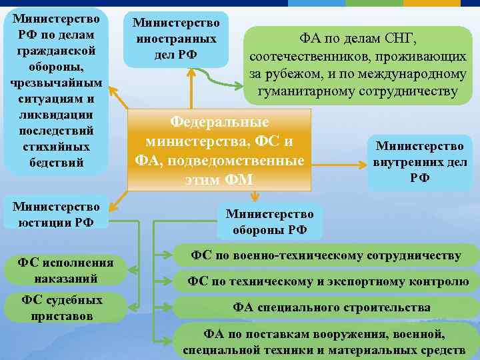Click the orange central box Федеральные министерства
(x=219, y=151)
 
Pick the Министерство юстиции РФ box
(x=56, y=214)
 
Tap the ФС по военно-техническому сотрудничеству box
(x=326, y=255)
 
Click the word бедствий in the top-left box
(x=56, y=162)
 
